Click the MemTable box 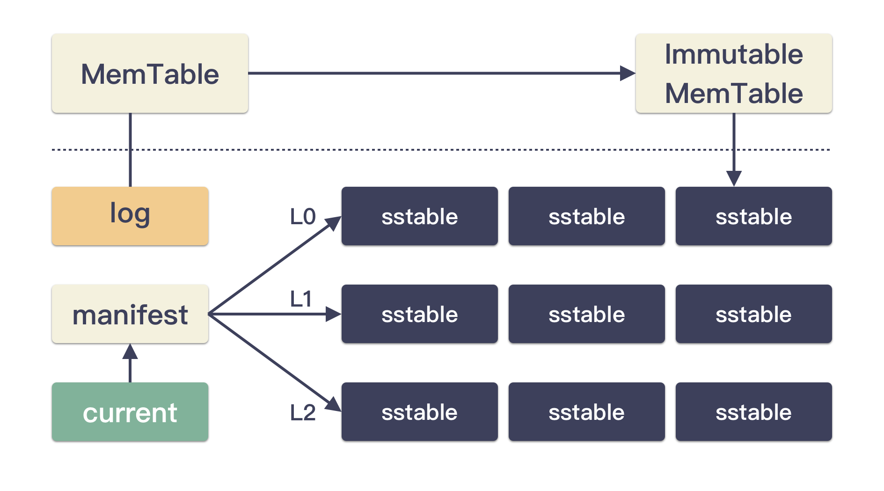[x=150, y=73]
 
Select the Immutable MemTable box [x=734, y=73]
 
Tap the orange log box [x=130, y=216]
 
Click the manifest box [x=130, y=314]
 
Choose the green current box [x=130, y=411]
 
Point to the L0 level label [x=303, y=217]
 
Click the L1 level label [x=301, y=299]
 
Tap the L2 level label [x=303, y=412]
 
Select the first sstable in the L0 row [x=420, y=216]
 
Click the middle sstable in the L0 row [x=587, y=216]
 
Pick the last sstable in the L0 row [x=754, y=216]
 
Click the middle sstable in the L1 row [x=587, y=314]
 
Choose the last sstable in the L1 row [x=754, y=314]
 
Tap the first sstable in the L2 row [x=420, y=411]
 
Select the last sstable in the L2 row [x=754, y=411]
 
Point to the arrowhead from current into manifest [x=130, y=352]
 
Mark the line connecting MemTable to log [x=130, y=150]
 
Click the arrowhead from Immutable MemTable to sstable [x=734, y=179]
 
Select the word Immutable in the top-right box [x=734, y=54]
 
